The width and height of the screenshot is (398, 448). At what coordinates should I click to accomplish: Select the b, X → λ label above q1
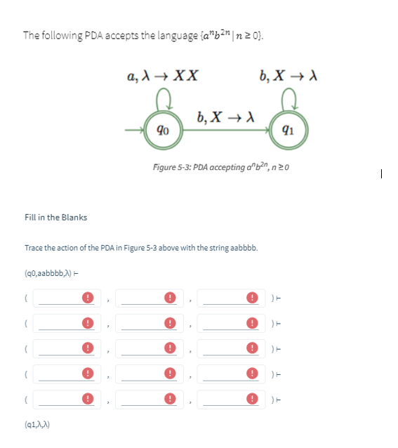285,75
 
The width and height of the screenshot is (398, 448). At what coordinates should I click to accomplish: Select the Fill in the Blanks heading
55,217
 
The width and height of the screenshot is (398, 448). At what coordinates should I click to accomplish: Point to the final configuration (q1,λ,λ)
41,425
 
